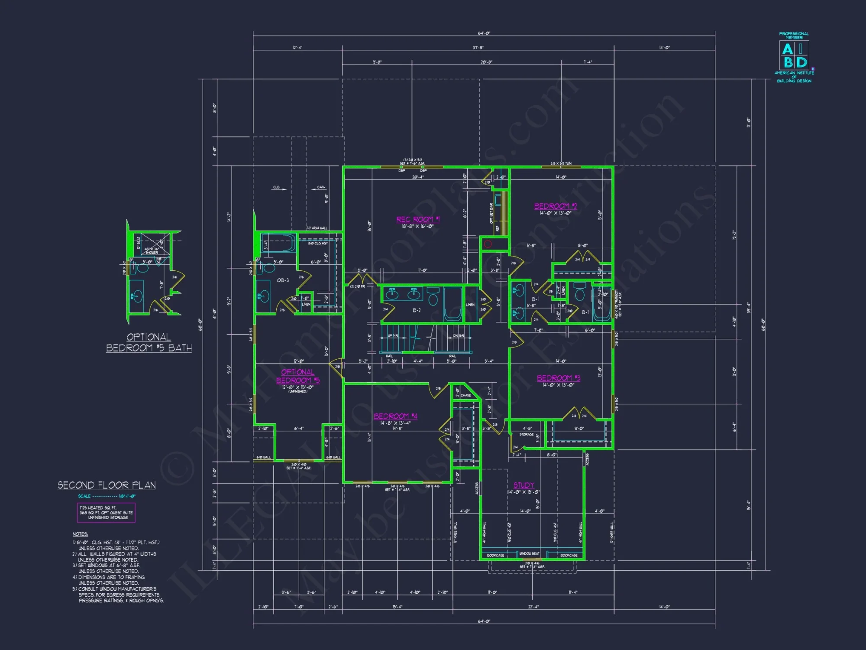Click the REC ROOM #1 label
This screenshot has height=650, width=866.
417,220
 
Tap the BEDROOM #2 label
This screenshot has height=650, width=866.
555,206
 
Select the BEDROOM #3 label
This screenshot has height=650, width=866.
558,378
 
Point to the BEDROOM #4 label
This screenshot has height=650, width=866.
395,416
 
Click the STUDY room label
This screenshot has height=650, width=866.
523,485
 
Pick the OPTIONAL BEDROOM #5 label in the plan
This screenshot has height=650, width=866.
297,376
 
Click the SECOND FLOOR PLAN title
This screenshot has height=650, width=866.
107,485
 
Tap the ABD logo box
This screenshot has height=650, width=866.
794,55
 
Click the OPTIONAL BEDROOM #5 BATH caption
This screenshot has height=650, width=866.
149,342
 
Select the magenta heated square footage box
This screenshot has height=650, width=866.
106,513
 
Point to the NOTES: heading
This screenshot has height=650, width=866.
80,534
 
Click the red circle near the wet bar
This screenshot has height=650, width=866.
488,244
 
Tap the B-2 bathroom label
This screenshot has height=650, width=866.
416,310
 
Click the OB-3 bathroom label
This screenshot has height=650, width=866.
283,280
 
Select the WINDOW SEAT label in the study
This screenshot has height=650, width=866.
529,554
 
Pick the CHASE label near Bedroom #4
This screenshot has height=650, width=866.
465,395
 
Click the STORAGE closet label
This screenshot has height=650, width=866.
526,434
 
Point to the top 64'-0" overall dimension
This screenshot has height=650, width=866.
484,33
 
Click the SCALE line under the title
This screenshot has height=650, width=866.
107,496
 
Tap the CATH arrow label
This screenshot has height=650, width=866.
321,187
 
